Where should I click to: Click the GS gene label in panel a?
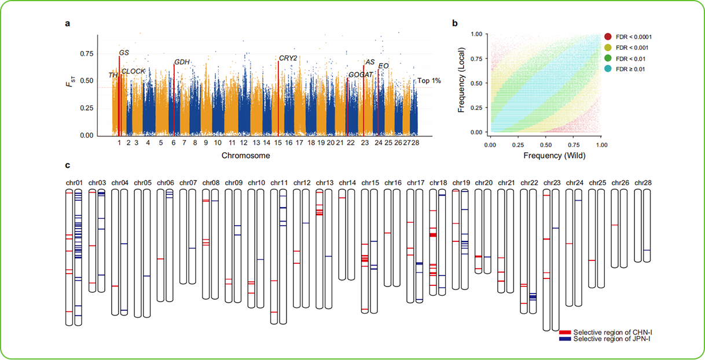pos(124,53)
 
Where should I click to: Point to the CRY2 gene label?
pos(288,58)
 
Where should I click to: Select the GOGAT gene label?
pos(361,75)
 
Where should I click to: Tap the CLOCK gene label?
pos(134,71)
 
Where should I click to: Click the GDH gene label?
pos(182,62)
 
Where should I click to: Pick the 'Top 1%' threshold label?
pos(429,80)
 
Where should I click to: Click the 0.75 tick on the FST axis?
pos(86,54)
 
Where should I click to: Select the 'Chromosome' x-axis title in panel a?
pos(245,156)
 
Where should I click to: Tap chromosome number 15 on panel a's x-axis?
pos(278,142)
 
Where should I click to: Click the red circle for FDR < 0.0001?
pos(608,37)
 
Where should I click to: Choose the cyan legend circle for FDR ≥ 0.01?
pos(608,69)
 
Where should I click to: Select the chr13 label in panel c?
pos(325,183)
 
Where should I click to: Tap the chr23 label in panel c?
pos(552,183)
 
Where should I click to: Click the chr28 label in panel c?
pos(642,183)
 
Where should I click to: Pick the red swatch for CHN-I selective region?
pos(566,332)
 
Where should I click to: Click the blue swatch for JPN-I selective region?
pos(566,339)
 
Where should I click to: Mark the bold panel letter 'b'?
pos(454,24)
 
